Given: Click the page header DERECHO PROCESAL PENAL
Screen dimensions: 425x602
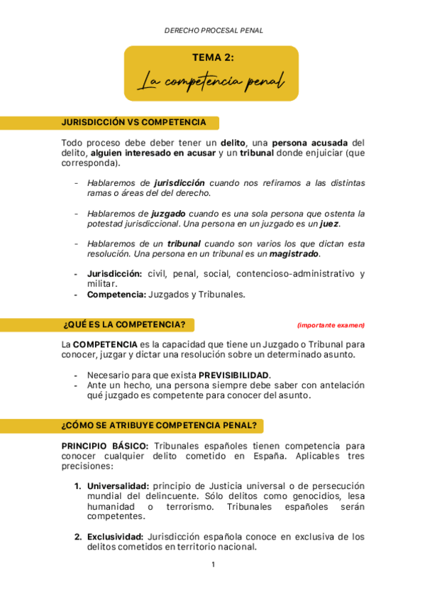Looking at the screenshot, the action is coord(214,31).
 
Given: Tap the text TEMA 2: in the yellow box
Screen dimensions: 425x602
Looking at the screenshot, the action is coord(212,58).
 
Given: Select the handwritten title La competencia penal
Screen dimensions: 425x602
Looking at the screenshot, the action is coord(211,82).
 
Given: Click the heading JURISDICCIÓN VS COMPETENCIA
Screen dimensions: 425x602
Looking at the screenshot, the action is coord(134,122).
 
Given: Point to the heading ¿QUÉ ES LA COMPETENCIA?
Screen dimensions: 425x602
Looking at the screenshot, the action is coord(124,325).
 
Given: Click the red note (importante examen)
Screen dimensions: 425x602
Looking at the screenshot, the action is coord(331,325).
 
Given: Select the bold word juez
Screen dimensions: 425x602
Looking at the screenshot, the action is coord(329,223).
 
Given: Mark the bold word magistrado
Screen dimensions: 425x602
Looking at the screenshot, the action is coord(294,253).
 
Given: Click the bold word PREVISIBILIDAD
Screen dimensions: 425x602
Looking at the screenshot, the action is coord(233,375).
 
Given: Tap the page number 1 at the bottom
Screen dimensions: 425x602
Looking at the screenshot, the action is coord(213,565).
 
